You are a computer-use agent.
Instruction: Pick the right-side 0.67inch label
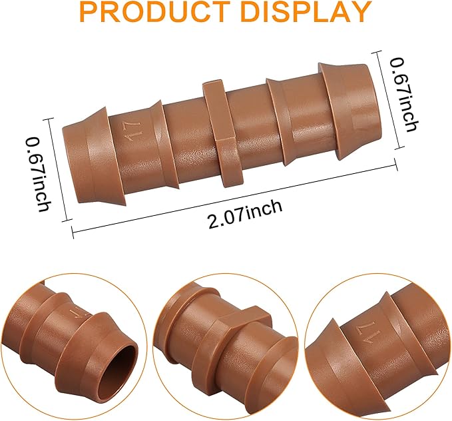(x=403, y=94)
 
